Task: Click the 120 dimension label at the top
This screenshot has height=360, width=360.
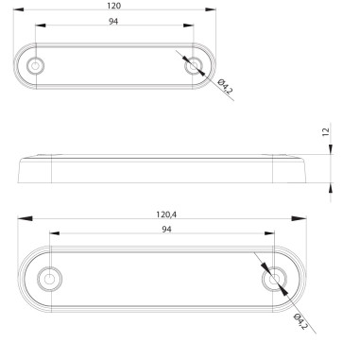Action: [x=114, y=7]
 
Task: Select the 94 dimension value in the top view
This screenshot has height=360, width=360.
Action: [x=114, y=23]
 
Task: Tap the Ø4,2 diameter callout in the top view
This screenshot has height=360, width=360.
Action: [x=225, y=89]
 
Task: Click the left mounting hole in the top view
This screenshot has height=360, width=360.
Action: [x=36, y=66]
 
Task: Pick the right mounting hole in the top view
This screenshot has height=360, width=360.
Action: [x=194, y=66]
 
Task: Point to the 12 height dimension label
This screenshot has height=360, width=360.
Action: [x=326, y=133]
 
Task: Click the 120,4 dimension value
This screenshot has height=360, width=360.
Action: [x=165, y=214]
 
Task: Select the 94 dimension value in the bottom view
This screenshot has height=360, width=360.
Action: [x=165, y=230]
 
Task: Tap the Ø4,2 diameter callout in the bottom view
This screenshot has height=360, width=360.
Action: [x=300, y=320]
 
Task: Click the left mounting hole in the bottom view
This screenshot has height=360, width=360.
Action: [x=49, y=281]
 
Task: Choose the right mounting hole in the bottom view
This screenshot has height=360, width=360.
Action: [x=274, y=281]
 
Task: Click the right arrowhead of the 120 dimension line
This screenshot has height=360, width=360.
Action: [x=207, y=14]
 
